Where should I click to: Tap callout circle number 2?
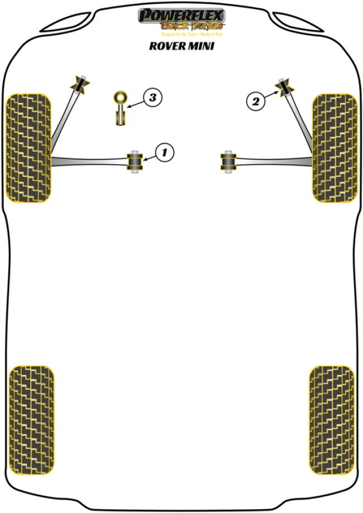pos(256,101)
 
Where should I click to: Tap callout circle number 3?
pos(152,98)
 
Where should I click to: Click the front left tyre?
pos(28,148)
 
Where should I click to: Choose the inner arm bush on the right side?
pos(228,161)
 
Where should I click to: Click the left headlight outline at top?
pos(64,21)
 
